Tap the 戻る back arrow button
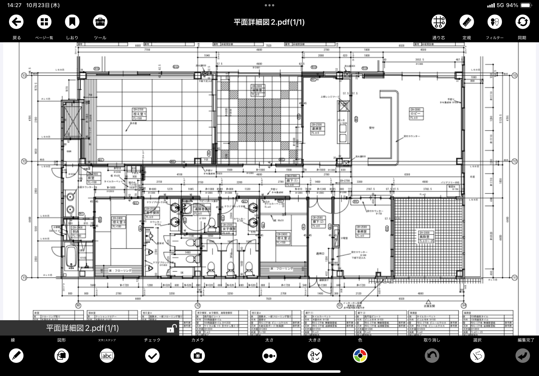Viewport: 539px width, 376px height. (16, 22)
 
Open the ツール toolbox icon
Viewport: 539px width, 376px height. (100, 22)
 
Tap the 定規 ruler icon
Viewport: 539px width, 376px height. (467, 22)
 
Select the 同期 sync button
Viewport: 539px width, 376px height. (522, 22)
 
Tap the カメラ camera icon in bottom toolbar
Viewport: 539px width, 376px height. (198, 356)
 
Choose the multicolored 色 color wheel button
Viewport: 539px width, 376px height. (360, 356)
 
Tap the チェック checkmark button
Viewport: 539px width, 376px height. (152, 356)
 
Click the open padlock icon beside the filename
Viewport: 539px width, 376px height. (172, 328)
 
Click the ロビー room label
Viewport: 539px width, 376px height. (416, 114)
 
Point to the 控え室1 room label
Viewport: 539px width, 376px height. (140, 114)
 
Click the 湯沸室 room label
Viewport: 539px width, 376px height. (318, 129)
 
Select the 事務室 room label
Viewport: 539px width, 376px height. (362, 232)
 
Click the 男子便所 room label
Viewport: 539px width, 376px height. (152, 213)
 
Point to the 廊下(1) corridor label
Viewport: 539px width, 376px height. (292, 181)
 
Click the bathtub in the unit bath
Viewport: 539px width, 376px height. (71, 257)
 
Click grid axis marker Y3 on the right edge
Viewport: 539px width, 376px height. (514, 75)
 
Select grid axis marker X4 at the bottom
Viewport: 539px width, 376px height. (463, 305)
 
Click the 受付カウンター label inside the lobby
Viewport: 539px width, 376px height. (412, 136)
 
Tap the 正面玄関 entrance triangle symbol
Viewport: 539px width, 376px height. (428, 302)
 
